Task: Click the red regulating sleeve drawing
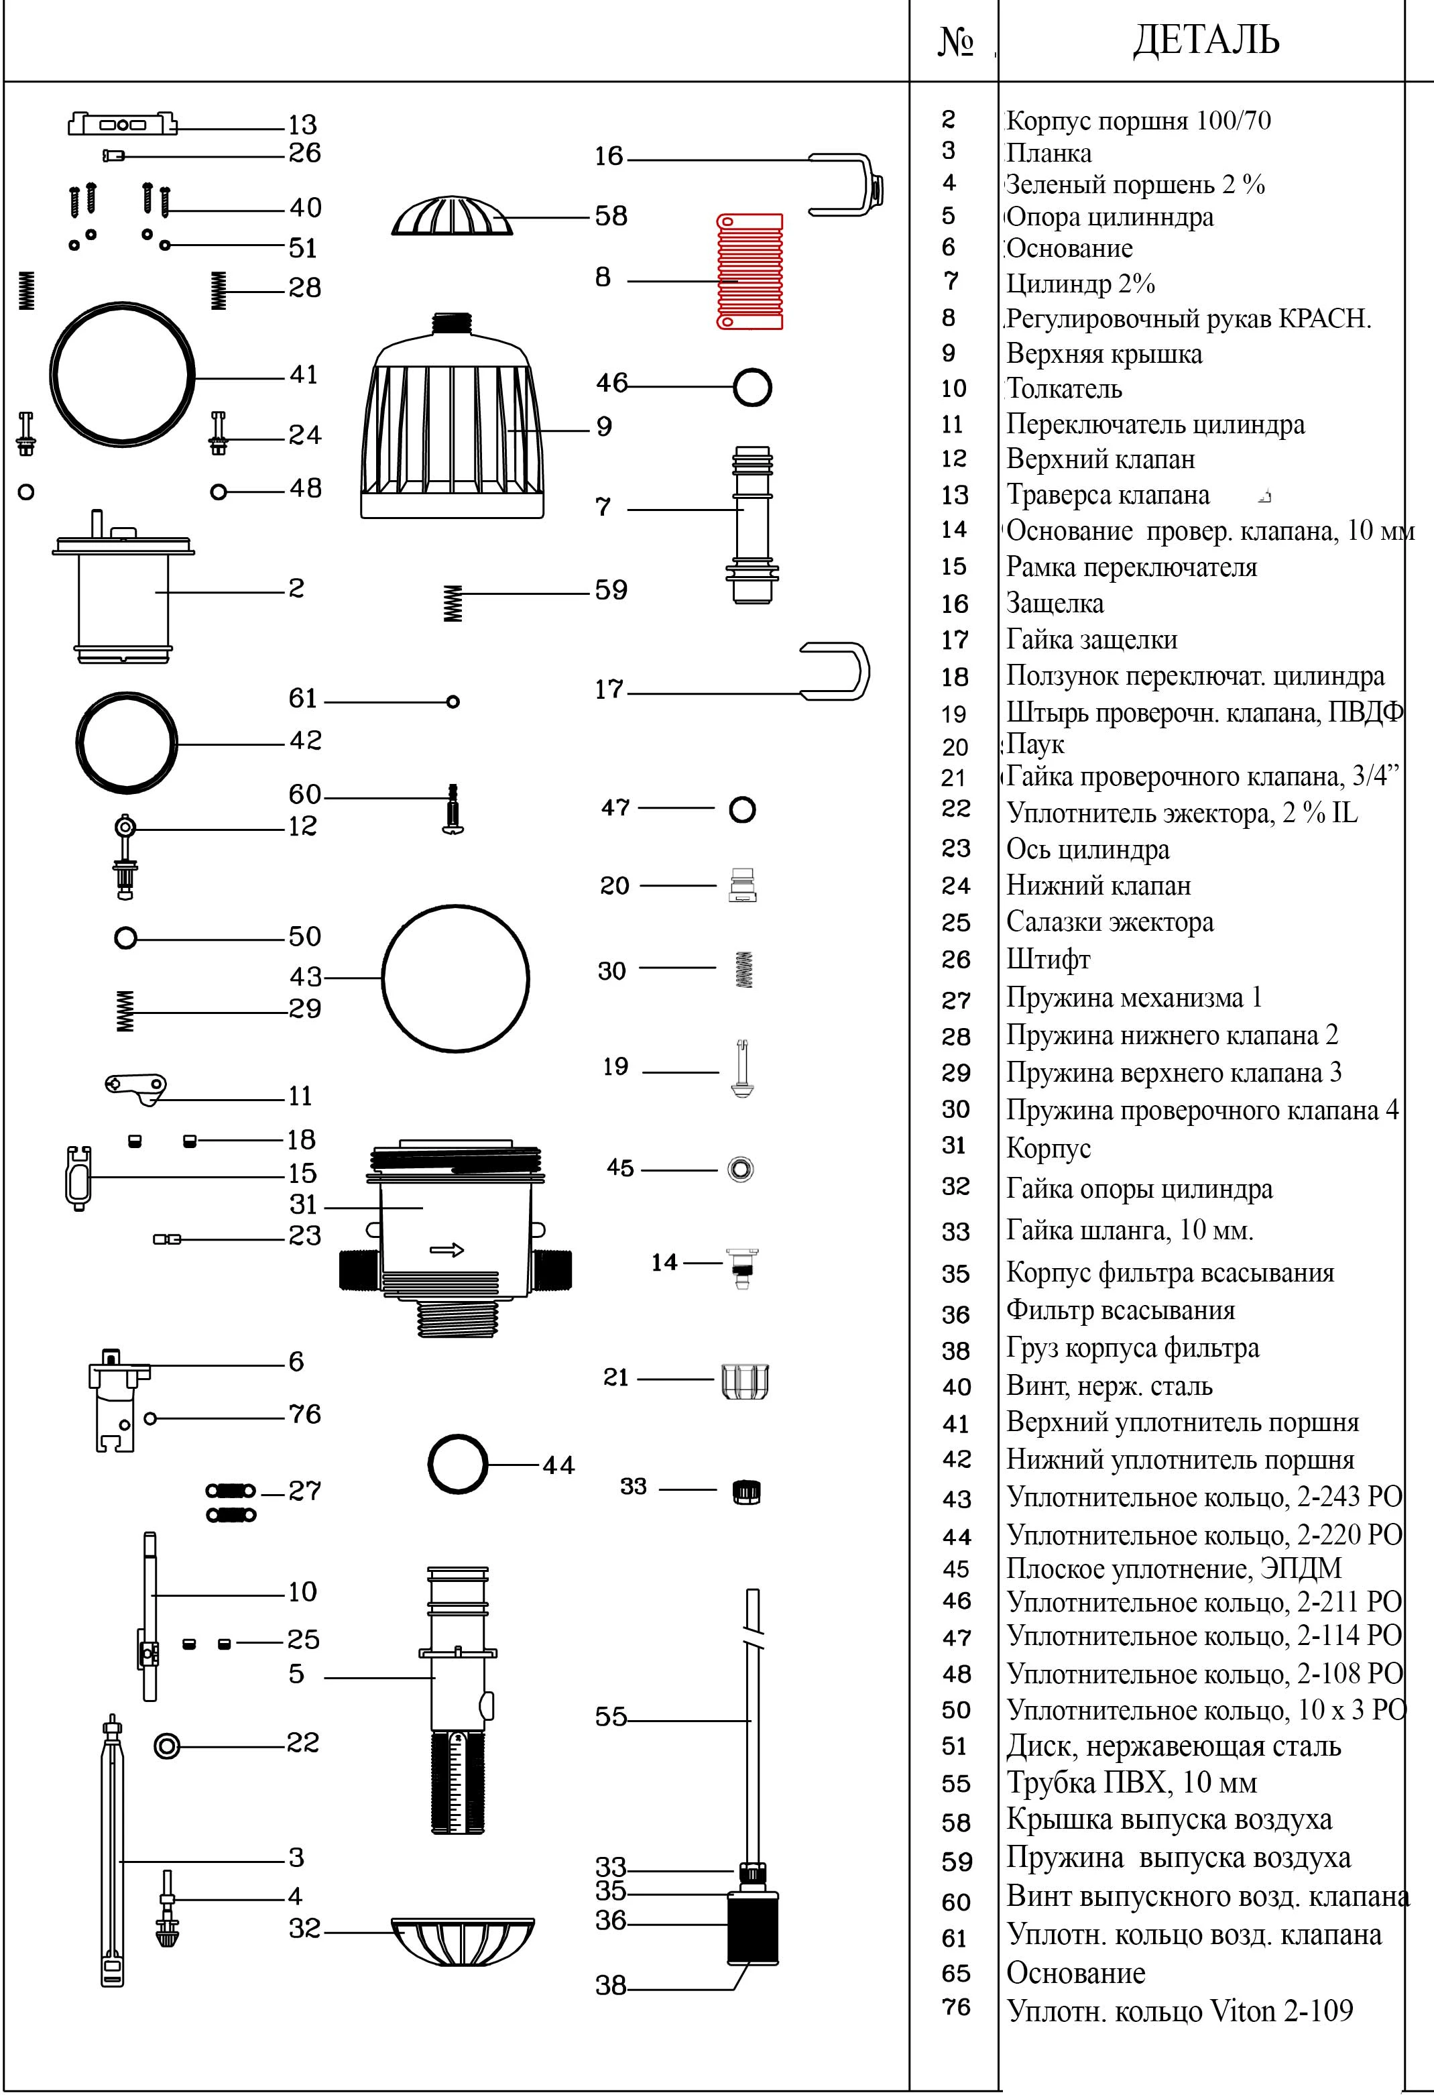750,272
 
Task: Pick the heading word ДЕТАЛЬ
1205,40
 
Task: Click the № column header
955,42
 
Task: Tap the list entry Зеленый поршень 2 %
1135,185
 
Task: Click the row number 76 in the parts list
955,2006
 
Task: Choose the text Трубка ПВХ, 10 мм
1131,1782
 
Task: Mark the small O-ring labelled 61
453,701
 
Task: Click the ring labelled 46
752,388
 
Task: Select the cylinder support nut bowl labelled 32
463,1941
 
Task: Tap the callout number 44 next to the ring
558,1465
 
